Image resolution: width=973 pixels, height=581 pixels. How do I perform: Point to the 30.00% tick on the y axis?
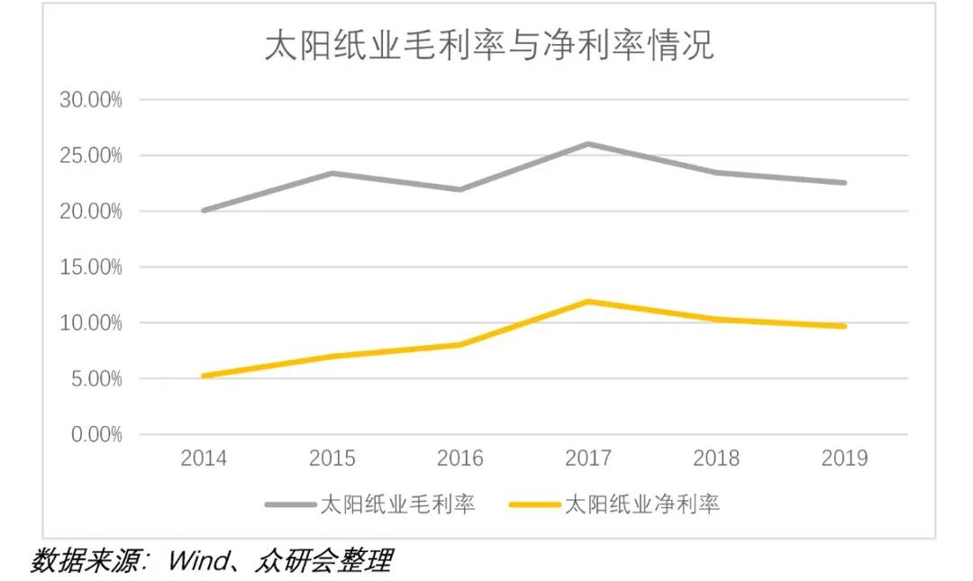coord(90,100)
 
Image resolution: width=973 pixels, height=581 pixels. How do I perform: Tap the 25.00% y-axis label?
coord(90,156)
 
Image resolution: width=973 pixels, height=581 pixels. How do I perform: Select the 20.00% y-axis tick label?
coord(90,212)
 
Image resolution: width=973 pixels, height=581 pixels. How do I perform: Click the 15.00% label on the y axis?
coord(90,268)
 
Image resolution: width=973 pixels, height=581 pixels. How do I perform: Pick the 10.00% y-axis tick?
coord(90,323)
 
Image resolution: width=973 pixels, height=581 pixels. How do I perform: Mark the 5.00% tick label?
coord(95,379)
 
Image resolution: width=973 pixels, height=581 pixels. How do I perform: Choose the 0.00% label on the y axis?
coord(95,435)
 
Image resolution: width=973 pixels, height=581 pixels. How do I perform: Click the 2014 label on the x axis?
coord(204,458)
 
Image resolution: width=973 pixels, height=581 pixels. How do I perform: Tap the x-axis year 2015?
coord(332,458)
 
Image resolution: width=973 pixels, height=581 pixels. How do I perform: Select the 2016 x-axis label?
coord(459,458)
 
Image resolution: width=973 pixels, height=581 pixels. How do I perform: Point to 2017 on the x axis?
coord(588,458)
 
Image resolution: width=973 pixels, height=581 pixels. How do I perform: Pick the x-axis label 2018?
coord(716,458)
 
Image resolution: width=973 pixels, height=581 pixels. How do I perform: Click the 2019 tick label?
coord(844,458)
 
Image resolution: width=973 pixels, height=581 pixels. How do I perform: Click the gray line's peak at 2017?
coord(588,144)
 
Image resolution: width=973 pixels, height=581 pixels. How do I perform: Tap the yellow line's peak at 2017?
coord(588,301)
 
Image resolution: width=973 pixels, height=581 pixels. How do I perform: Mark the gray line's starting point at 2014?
coord(204,210)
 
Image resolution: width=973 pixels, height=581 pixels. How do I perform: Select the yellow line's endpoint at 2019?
coord(844,326)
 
